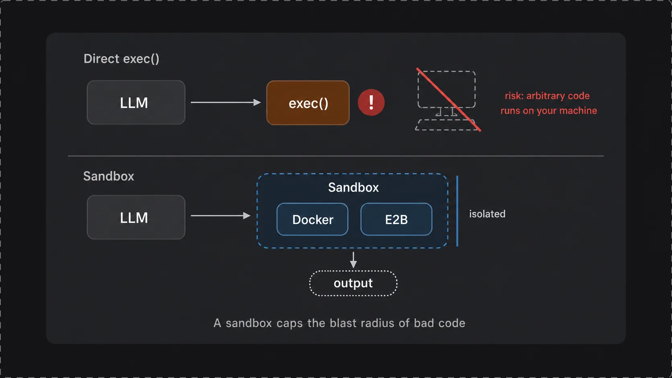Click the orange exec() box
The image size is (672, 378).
(308, 103)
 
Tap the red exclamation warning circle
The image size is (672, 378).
(371, 102)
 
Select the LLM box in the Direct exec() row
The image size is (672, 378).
(136, 102)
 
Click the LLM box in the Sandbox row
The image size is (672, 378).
(136, 217)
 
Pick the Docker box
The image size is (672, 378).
(312, 219)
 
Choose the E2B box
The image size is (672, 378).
(396, 219)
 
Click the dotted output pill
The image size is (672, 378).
(353, 283)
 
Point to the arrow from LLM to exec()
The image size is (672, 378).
(225, 102)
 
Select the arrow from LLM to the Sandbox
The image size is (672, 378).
(221, 216)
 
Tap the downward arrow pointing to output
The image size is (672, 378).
(353, 260)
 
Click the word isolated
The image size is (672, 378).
(487, 214)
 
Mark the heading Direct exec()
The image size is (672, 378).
(121, 59)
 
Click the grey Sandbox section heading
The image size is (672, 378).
(109, 176)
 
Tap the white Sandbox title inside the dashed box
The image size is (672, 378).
(353, 187)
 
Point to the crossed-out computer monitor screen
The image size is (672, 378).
(447, 89)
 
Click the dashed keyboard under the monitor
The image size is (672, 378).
(447, 125)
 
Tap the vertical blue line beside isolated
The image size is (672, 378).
(457, 211)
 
